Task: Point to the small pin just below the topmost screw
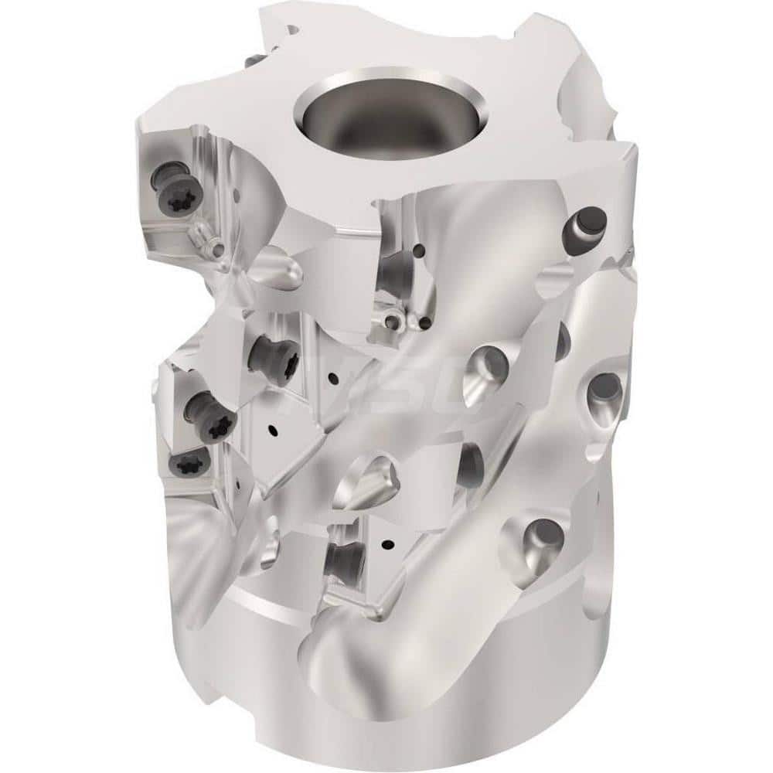coord(205,232)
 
